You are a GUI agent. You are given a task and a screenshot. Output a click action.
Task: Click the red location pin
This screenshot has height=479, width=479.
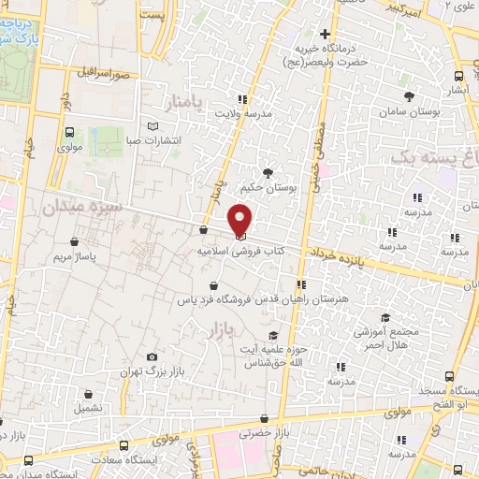[x=241, y=219]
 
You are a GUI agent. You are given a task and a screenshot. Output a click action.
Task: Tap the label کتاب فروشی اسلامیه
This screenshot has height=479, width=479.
[x=240, y=252]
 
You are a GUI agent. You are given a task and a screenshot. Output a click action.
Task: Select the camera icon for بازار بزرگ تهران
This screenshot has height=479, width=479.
[x=153, y=357]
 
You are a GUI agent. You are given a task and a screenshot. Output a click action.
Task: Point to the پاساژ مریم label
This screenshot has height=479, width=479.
[x=76, y=255]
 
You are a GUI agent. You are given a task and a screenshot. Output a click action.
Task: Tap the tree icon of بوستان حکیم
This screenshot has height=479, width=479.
[x=269, y=173]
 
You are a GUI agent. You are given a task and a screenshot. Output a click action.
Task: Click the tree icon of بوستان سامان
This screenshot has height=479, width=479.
[x=409, y=95]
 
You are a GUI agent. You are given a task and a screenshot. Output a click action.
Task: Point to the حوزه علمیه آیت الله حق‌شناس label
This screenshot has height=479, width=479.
[x=273, y=355]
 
